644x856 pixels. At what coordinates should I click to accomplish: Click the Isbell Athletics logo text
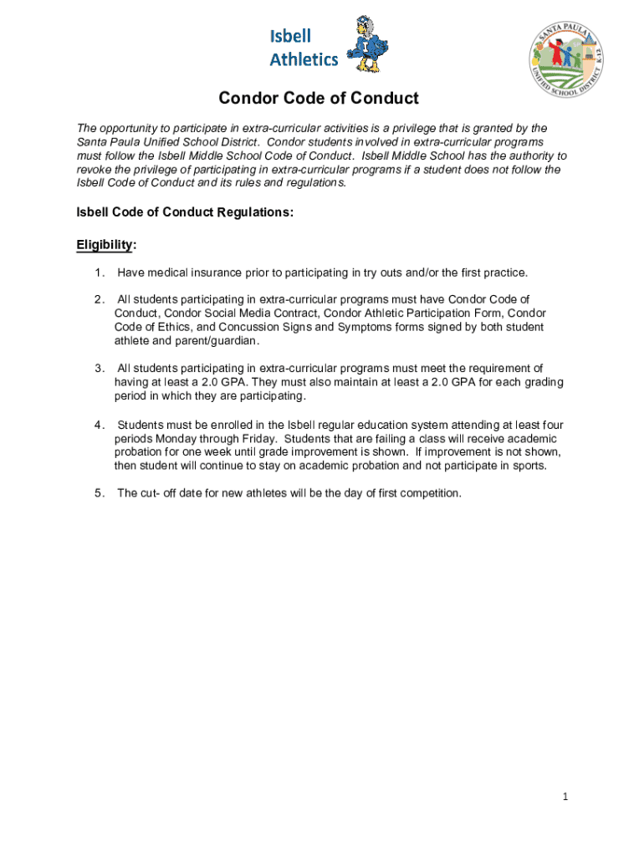click(x=303, y=47)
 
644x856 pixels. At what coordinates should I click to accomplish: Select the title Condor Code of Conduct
click(x=319, y=99)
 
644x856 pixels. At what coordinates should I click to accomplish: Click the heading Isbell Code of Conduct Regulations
click(x=185, y=212)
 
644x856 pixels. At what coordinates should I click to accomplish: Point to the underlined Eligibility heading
click(x=105, y=245)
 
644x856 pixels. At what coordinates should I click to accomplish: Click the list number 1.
click(x=100, y=273)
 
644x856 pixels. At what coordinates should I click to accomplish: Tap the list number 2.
click(x=100, y=299)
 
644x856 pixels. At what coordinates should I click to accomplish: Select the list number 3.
click(x=100, y=368)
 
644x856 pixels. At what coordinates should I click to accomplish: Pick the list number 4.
click(x=100, y=425)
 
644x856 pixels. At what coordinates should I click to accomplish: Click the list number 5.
click(x=100, y=493)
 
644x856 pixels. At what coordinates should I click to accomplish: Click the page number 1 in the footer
click(x=565, y=797)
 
